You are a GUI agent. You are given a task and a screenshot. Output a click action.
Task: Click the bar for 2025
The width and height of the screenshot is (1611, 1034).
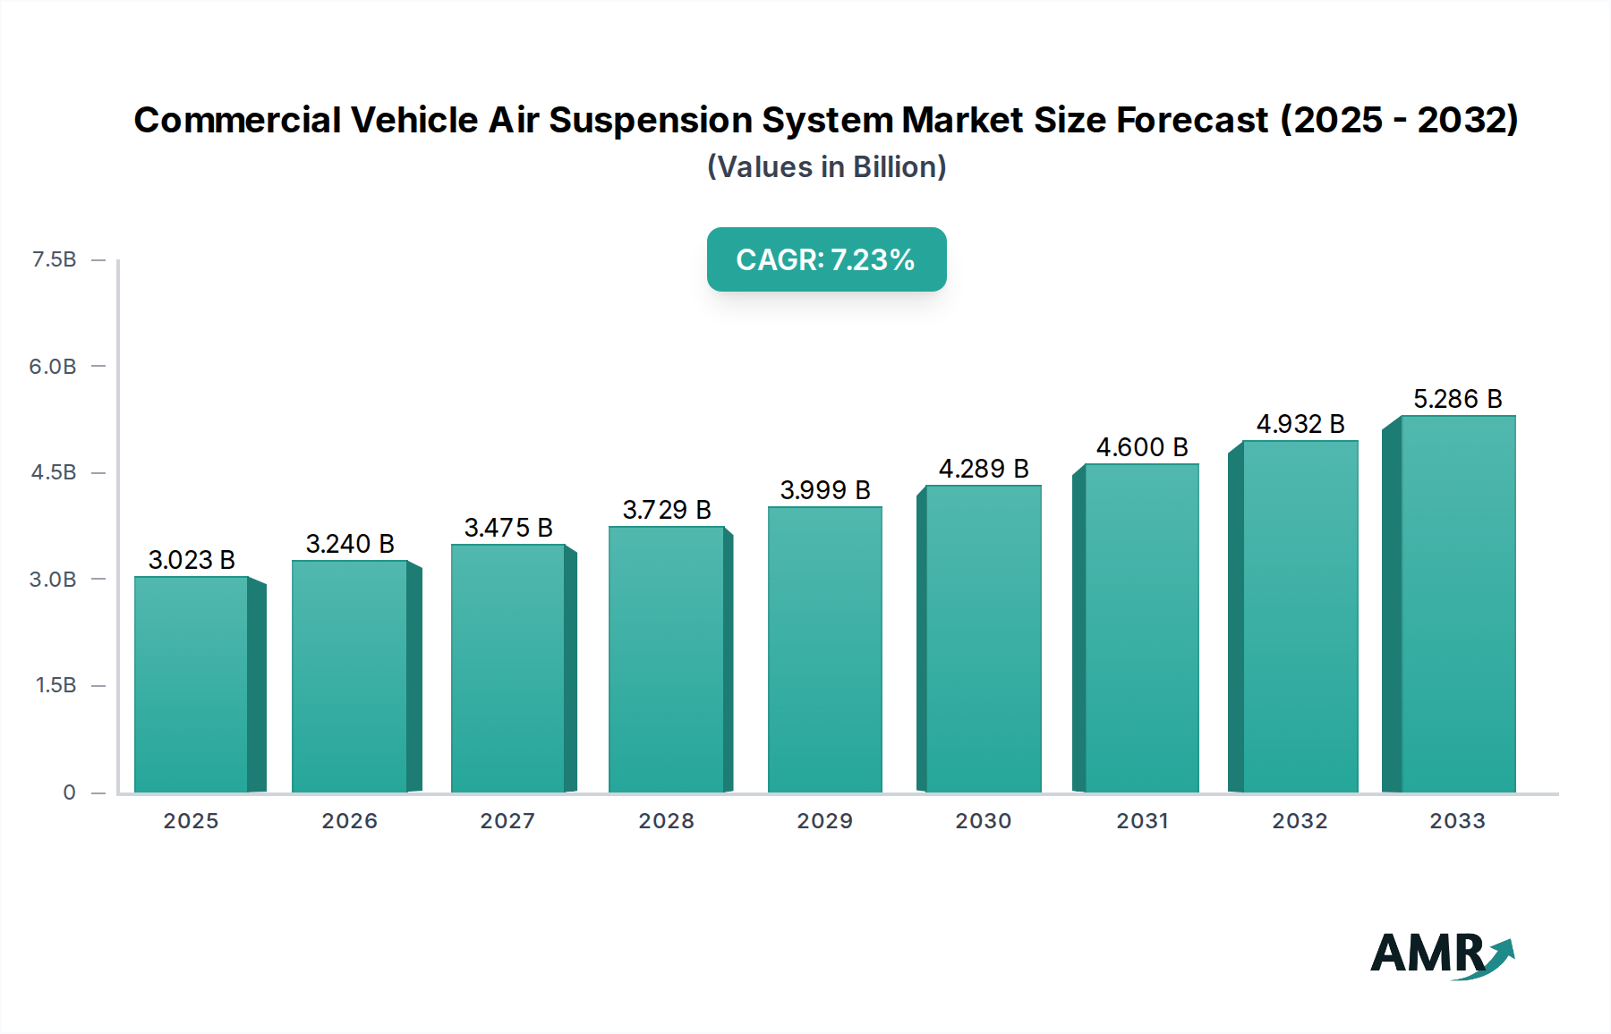(x=192, y=684)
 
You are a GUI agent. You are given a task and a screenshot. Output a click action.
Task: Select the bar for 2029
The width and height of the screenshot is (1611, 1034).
(x=824, y=649)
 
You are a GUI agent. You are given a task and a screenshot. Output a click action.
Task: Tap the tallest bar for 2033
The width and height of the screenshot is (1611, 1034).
(x=1457, y=604)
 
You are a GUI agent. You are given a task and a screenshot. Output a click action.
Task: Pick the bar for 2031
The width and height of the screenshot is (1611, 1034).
(x=1141, y=628)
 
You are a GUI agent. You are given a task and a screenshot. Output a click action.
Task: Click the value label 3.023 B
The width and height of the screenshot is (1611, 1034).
(x=192, y=560)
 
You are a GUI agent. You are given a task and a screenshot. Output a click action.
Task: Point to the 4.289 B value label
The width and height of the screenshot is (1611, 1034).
(x=983, y=469)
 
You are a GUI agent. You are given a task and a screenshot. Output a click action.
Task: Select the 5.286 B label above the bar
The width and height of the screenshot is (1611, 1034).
(x=1457, y=399)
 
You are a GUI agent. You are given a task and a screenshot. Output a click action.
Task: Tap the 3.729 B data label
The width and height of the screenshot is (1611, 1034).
(x=667, y=510)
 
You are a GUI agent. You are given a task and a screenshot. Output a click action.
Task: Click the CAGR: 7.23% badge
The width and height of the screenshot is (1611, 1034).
(x=826, y=259)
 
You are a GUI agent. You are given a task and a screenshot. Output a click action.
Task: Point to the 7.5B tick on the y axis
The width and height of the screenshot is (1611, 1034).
(x=55, y=259)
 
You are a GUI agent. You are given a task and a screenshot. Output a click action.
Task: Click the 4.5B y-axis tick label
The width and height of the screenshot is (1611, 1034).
(x=54, y=472)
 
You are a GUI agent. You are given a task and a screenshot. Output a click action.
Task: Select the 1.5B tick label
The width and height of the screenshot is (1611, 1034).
(x=55, y=685)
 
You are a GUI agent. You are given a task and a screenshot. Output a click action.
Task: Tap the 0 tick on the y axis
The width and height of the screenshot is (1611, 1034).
(x=69, y=792)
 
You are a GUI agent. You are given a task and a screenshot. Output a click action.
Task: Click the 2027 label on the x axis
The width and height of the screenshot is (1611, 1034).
(x=507, y=821)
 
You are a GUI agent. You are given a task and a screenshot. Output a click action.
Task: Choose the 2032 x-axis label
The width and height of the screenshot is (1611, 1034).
(x=1300, y=821)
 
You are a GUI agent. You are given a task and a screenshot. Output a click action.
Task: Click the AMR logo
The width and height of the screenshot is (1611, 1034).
(x=1441, y=955)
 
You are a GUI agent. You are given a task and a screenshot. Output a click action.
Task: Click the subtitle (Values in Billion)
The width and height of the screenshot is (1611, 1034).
(x=826, y=167)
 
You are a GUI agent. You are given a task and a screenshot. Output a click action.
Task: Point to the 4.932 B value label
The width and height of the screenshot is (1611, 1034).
(x=1300, y=424)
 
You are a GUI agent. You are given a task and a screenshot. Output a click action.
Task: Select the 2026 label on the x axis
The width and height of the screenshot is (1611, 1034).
(x=349, y=821)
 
